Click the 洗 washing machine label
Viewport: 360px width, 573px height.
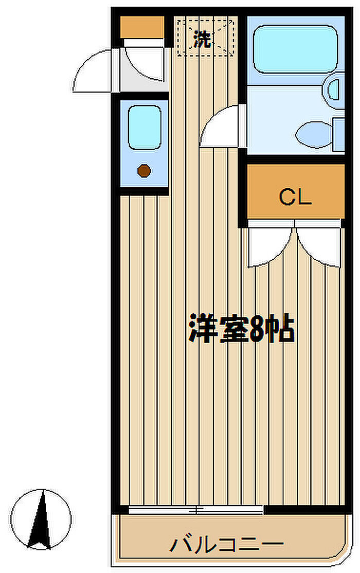(x=202, y=39)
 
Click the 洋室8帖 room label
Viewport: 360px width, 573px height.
(x=242, y=328)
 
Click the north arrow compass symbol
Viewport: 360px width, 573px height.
(x=41, y=520)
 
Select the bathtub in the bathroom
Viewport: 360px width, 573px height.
(x=295, y=49)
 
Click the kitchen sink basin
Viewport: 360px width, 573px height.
(x=145, y=128)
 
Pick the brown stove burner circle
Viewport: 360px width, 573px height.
(x=144, y=171)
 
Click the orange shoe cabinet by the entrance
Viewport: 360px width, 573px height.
(x=142, y=27)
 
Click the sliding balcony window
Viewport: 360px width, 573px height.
(x=196, y=509)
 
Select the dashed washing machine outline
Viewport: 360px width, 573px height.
(x=205, y=38)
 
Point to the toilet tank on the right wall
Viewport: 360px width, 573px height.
(x=339, y=134)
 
